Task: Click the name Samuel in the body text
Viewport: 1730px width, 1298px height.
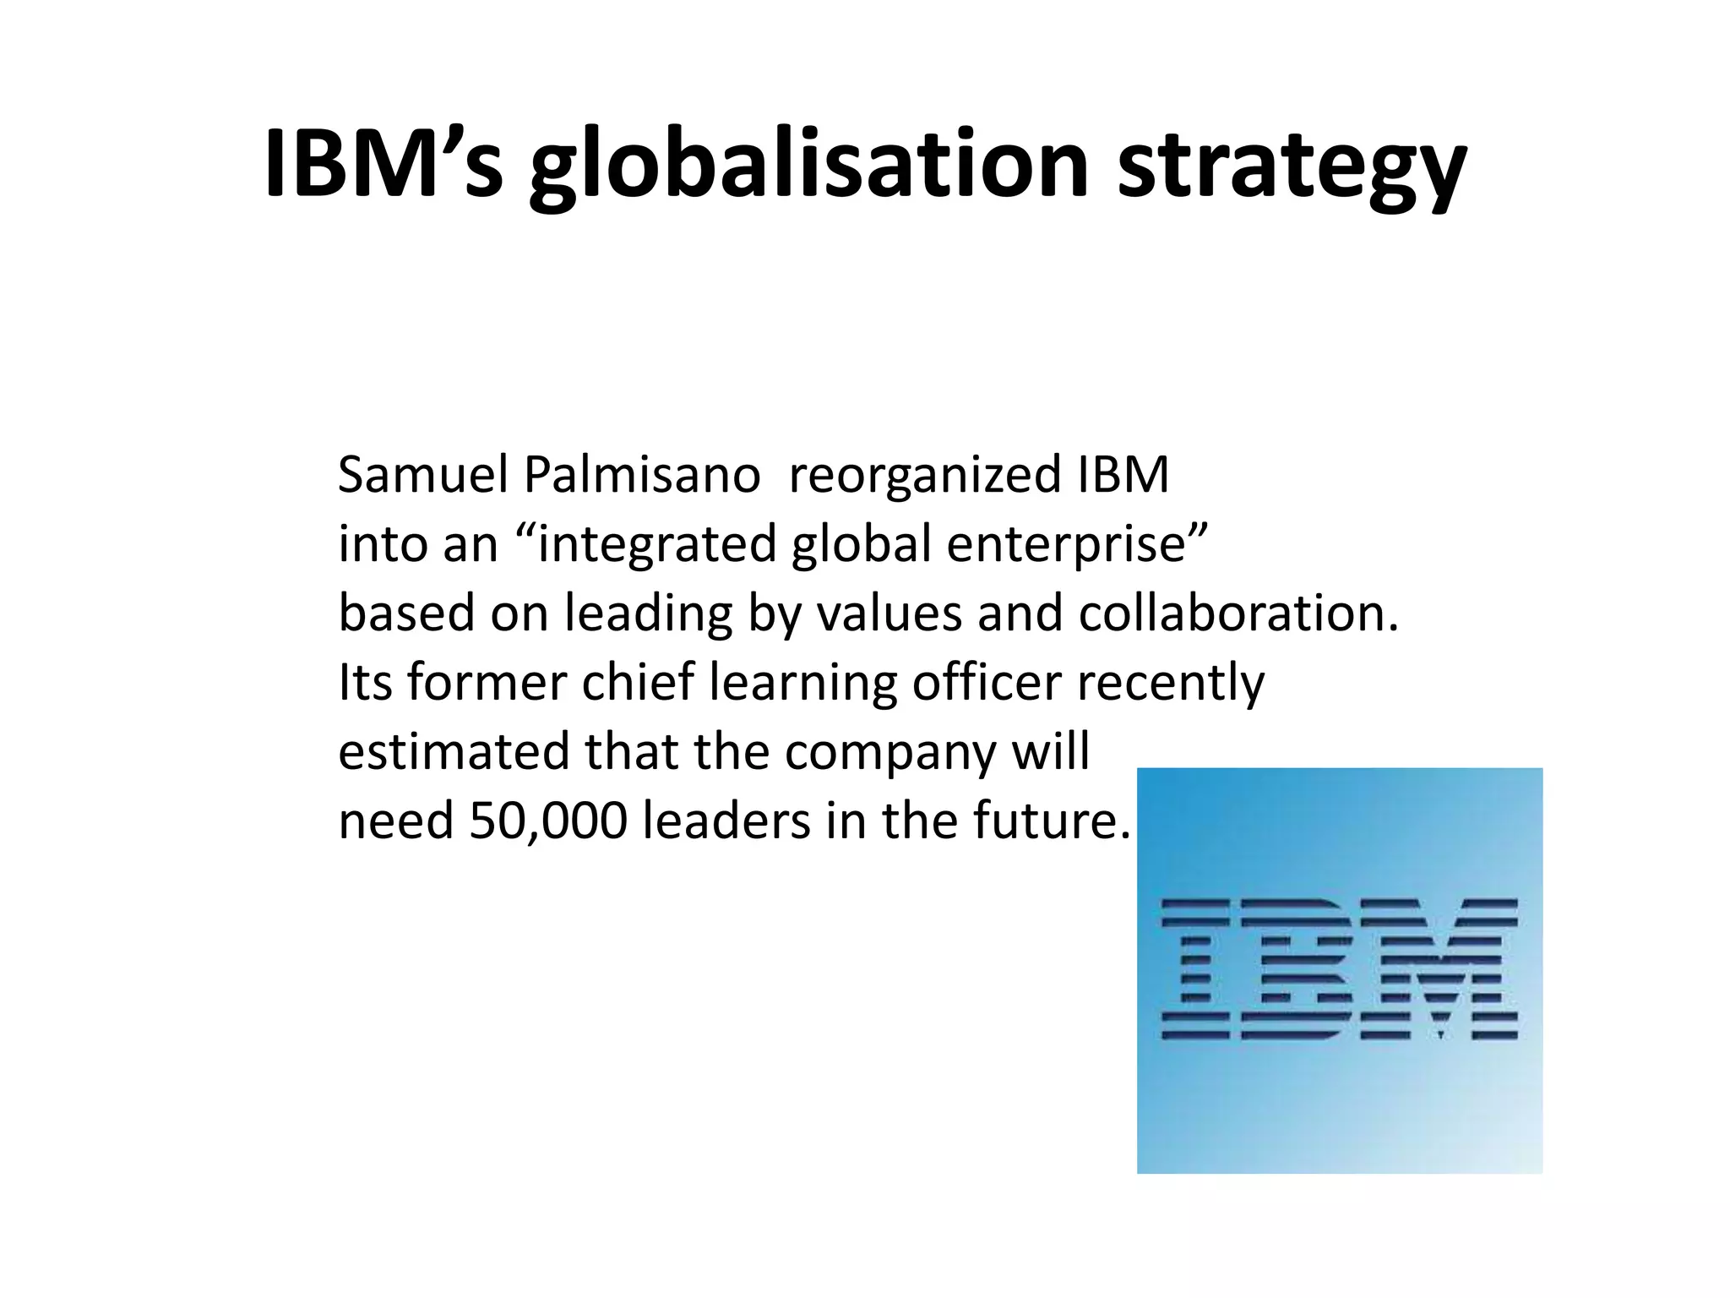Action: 422,475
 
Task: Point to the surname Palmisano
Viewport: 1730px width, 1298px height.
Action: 642,475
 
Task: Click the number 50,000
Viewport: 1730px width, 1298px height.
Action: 548,821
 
